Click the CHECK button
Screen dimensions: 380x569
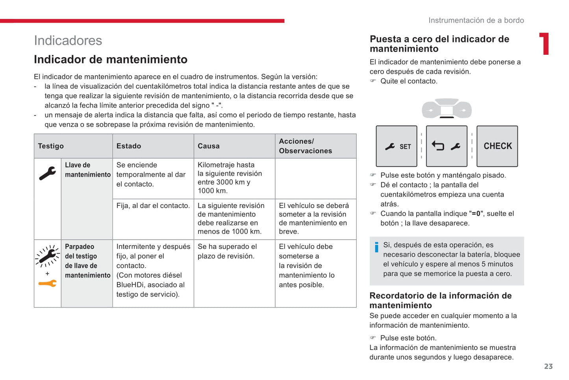pyautogui.click(x=497, y=146)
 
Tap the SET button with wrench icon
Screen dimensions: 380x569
pyautogui.click(x=397, y=146)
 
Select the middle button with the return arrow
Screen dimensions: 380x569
pyautogui.click(x=447, y=146)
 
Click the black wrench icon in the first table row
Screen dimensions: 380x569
pyautogui.click(x=48, y=173)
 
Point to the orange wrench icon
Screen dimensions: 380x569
pyautogui.click(x=48, y=283)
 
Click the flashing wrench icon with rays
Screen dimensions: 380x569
pyautogui.click(x=48, y=257)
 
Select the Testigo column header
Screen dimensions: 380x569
pyautogui.click(x=51, y=146)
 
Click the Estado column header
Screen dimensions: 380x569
pyautogui.click(x=129, y=146)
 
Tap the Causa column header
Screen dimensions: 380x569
pyautogui.click(x=209, y=146)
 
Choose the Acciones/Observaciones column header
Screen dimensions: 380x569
pyautogui.click(x=306, y=146)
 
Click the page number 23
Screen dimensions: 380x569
pyautogui.click(x=548, y=367)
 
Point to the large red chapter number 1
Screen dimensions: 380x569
pyautogui.click(x=545, y=44)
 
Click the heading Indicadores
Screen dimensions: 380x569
pyautogui.click(x=68, y=41)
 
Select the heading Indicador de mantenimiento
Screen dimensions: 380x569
pyautogui.click(x=111, y=60)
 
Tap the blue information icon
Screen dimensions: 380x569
pyautogui.click(x=377, y=247)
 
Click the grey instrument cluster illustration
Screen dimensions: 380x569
pyautogui.click(x=447, y=108)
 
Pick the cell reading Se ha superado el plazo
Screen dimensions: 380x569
pyautogui.click(x=227, y=251)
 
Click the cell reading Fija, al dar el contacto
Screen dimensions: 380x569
pyautogui.click(x=153, y=206)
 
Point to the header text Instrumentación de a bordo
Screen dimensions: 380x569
pyautogui.click(x=476, y=20)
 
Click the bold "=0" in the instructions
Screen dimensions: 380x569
pyautogui.click(x=476, y=214)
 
